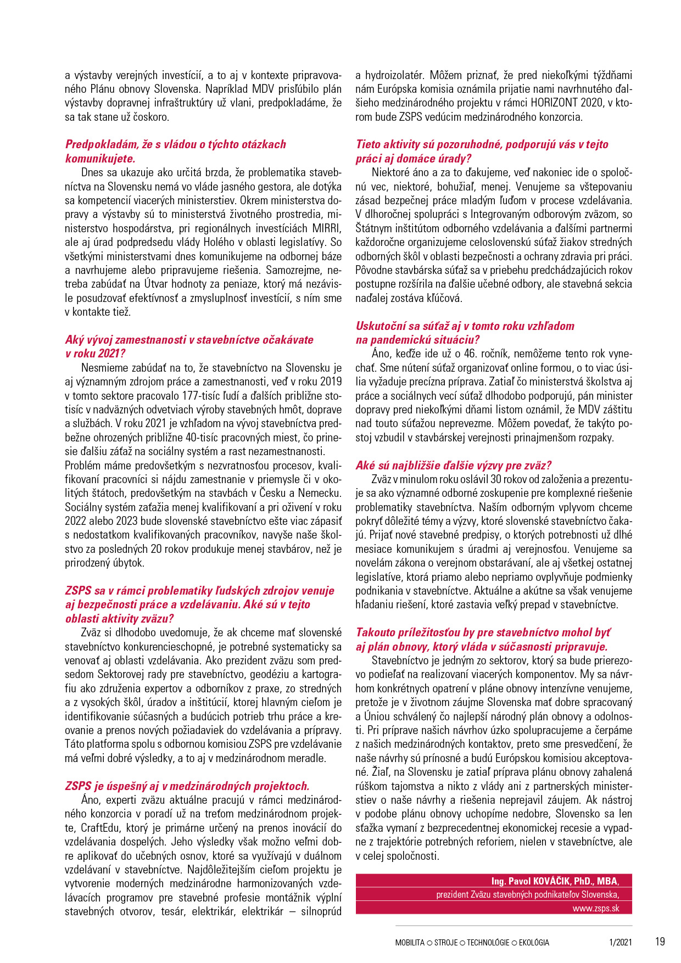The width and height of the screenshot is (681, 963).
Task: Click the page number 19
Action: click(x=660, y=942)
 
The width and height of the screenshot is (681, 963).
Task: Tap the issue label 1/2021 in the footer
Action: click(x=620, y=943)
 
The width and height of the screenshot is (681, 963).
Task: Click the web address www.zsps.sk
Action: click(x=595, y=908)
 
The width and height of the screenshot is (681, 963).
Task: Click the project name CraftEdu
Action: click(x=102, y=828)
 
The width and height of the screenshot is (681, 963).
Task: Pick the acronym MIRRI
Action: click(x=327, y=228)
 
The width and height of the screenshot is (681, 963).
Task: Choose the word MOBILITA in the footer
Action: click(x=410, y=943)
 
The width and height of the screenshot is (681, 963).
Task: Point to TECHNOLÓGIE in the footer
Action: click(x=488, y=943)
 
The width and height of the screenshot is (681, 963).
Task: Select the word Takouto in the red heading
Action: click(x=378, y=632)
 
